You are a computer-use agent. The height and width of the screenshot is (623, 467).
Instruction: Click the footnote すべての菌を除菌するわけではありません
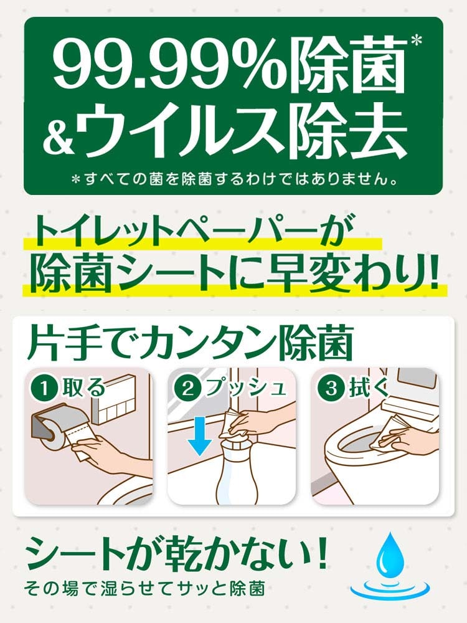(x=234, y=179)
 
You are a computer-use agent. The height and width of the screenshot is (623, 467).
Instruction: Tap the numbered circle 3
(x=331, y=388)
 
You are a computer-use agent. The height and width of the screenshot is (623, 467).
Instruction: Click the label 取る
(x=84, y=388)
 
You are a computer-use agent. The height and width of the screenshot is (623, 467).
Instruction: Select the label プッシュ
(x=245, y=388)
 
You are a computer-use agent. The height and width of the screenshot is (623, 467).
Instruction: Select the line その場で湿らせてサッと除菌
(x=144, y=589)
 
